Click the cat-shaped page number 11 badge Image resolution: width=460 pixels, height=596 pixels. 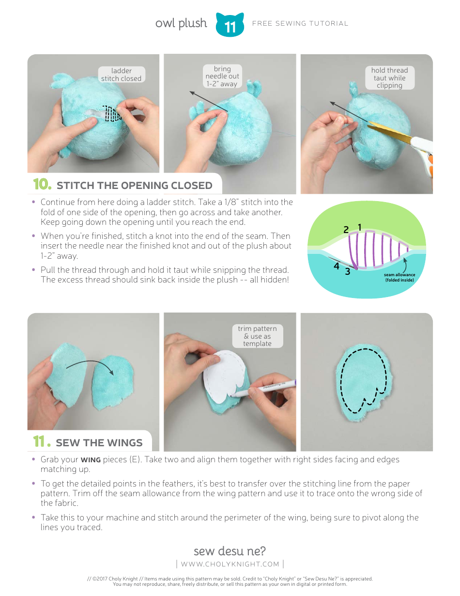(230, 25)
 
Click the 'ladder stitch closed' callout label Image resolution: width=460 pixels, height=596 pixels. (121, 75)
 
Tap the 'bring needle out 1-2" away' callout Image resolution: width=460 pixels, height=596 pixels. (222, 76)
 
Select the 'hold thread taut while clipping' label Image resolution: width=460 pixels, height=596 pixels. (389, 78)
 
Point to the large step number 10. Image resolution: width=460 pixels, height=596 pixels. (42, 185)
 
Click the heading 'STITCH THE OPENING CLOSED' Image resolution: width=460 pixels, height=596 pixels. (134, 186)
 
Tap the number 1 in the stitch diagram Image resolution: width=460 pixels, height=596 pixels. (360, 227)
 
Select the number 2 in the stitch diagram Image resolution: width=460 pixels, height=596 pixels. (346, 230)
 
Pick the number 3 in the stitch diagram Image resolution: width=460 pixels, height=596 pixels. (347, 272)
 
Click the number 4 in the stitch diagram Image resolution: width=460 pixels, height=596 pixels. (336, 266)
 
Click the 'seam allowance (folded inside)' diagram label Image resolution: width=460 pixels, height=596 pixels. (399, 277)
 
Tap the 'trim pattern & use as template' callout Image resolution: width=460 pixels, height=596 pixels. (257, 336)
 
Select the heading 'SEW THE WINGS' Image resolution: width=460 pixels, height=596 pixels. (99, 443)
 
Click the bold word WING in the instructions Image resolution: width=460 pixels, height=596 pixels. (91, 460)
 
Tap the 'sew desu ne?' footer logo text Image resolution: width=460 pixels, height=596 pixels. (230, 551)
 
